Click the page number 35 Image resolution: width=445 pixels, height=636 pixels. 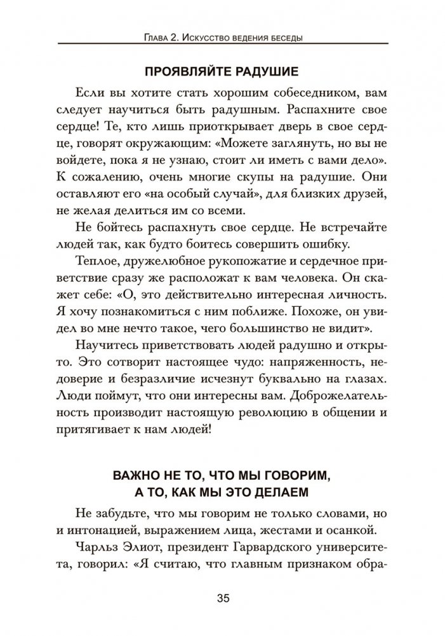click(x=222, y=598)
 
